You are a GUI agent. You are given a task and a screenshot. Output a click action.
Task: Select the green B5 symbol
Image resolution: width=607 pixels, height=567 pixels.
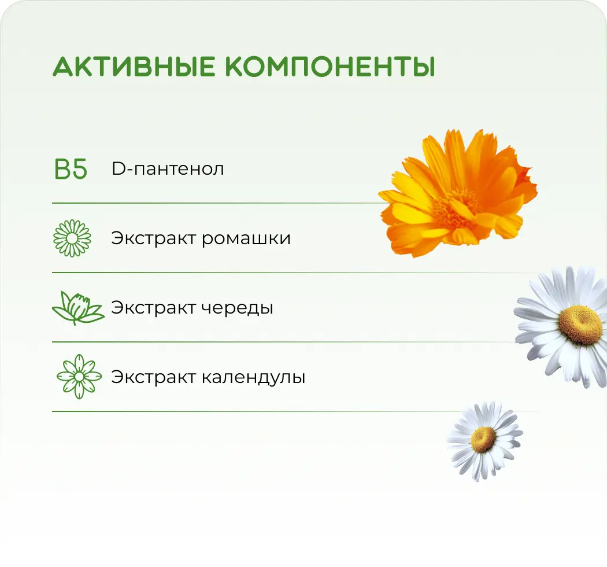coord(71,170)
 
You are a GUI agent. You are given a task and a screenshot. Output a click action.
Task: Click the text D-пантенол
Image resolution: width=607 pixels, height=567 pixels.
coord(168,170)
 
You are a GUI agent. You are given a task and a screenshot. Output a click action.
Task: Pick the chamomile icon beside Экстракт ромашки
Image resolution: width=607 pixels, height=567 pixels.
coord(72,238)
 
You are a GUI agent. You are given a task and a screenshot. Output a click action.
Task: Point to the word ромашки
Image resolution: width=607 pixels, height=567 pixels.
coord(246,238)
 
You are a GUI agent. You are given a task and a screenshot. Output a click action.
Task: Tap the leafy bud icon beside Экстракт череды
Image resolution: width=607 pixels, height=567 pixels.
coord(77,308)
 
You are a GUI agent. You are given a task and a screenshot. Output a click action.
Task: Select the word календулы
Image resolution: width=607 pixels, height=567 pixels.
coord(254,377)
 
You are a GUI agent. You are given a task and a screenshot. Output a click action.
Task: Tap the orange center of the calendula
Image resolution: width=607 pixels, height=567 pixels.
coord(457,205)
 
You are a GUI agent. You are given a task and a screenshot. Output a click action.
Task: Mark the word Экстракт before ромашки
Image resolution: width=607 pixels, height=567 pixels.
coord(153,238)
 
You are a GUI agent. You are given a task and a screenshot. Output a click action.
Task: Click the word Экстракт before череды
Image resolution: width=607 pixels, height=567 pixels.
coord(153,308)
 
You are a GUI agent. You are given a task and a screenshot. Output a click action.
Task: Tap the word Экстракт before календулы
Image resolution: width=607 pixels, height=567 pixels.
coord(153,377)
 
